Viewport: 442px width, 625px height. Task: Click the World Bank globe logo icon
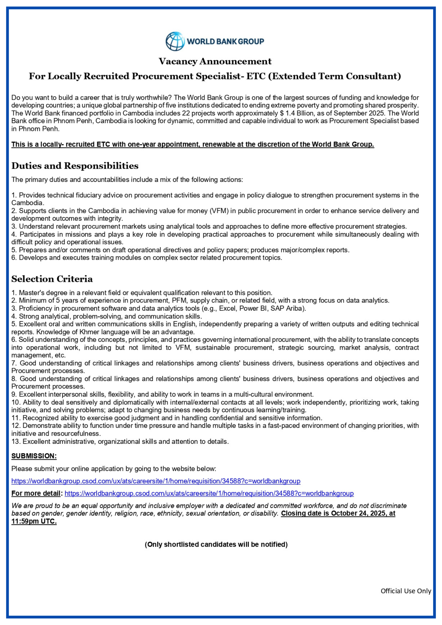pos(175,41)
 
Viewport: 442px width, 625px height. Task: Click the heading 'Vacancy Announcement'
pos(215,61)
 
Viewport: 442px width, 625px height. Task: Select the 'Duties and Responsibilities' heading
pos(75,166)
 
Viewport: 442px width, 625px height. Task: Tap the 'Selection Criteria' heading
pos(52,279)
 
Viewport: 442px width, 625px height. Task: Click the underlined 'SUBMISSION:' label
pos(34,456)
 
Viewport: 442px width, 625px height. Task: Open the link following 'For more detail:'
pos(209,493)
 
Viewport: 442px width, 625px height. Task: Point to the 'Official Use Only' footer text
pos(405,591)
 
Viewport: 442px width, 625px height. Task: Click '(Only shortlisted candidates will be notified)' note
pos(216,544)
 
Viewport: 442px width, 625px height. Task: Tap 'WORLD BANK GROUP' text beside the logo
pos(225,41)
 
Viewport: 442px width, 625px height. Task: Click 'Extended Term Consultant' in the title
pos(334,76)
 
